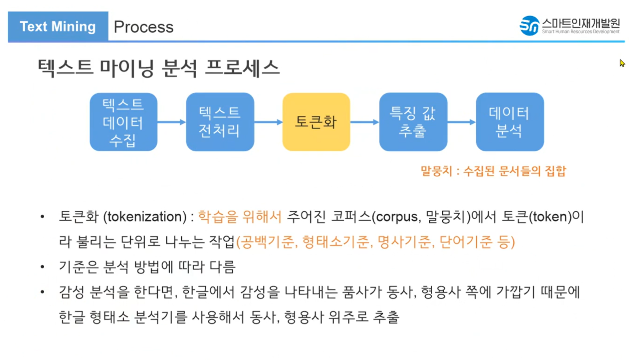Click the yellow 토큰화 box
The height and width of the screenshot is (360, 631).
[x=316, y=122]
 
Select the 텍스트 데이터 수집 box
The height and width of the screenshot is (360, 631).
[x=123, y=122]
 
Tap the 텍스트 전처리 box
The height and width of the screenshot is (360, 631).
[x=220, y=122]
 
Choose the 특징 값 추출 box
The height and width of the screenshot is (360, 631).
[x=413, y=122]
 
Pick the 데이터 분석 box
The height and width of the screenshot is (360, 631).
[x=509, y=122]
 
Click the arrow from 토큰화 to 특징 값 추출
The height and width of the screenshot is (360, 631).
[x=364, y=122]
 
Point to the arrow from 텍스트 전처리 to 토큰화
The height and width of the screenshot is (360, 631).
[x=268, y=122]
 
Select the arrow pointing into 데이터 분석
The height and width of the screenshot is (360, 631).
[x=461, y=122]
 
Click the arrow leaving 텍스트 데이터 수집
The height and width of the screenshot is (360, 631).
[x=171, y=122]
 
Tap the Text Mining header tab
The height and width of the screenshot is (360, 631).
[x=58, y=26]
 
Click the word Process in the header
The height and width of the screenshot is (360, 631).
[x=143, y=27]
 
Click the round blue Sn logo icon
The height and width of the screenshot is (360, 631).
[x=529, y=26]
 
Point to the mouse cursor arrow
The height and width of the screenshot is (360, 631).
[x=622, y=63]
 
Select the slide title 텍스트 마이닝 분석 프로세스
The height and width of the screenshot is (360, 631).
[x=158, y=68]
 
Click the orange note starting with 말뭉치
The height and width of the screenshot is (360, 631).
[x=493, y=171]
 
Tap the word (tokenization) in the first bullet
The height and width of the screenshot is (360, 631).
[x=145, y=217]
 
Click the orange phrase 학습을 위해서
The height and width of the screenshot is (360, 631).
[x=240, y=217]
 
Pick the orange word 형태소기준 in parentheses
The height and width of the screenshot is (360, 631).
[x=335, y=241]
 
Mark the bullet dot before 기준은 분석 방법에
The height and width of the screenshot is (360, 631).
[x=42, y=267]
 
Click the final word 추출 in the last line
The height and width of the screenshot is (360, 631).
[x=386, y=317]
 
